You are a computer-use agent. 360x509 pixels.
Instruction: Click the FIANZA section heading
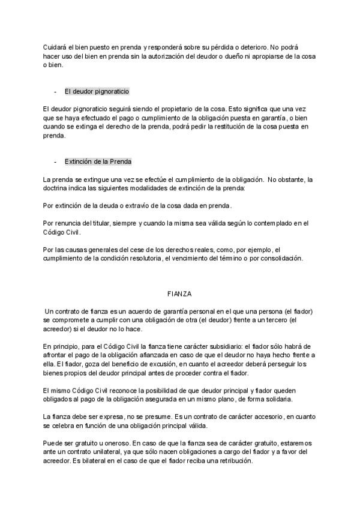(x=179, y=294)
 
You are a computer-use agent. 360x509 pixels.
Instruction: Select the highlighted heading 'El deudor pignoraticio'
(x=97, y=92)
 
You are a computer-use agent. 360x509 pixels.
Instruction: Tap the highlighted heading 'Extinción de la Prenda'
(x=98, y=162)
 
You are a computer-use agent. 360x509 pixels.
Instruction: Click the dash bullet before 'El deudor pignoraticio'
(x=55, y=92)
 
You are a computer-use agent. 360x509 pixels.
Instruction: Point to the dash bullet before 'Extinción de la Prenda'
(x=55, y=162)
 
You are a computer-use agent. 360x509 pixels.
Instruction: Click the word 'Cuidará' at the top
(x=55, y=47)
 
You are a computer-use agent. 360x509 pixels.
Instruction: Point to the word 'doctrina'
(x=57, y=188)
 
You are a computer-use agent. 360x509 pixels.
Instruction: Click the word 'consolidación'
(x=283, y=259)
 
